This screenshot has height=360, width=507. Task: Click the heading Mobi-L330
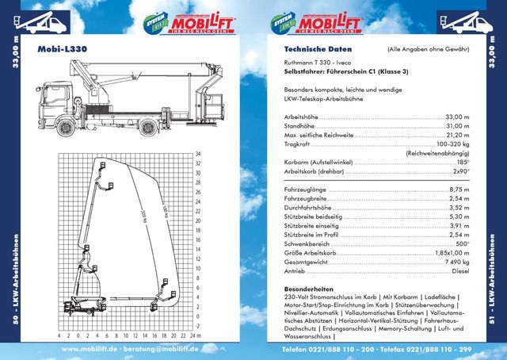point(63,48)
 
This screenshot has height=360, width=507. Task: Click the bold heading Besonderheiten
point(311,289)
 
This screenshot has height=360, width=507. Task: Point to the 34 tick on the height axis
point(198,153)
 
